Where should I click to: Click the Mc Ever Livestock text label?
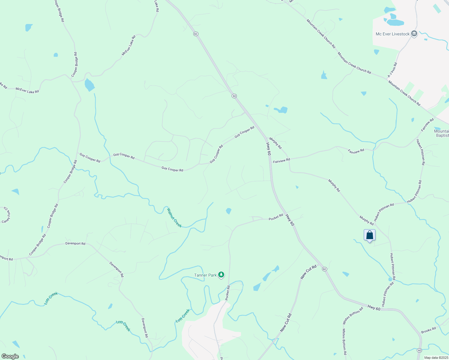click(393, 34)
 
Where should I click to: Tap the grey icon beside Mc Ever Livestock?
click(414, 34)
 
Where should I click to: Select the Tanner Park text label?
click(205, 275)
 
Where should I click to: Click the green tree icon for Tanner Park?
click(221, 274)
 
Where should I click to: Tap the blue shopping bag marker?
click(369, 235)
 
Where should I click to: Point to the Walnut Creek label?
click(174, 217)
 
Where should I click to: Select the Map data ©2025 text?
click(436, 358)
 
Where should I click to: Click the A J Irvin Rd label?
click(392, 70)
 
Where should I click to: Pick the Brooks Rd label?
click(428, 330)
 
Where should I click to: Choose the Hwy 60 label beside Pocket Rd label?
click(290, 220)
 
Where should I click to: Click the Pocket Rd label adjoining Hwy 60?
click(276, 217)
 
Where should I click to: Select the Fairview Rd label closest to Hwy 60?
click(282, 160)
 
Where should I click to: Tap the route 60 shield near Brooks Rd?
click(419, 350)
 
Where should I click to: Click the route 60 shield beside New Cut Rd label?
click(324, 269)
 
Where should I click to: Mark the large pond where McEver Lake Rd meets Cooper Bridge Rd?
click(89, 85)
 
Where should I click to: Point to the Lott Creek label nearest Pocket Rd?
click(183, 316)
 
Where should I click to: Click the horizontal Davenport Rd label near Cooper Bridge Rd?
click(75, 244)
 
